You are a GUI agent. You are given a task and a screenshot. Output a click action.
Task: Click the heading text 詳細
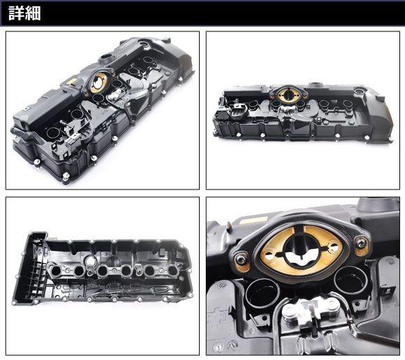[x=24, y=13]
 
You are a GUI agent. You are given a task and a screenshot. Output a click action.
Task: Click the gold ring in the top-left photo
[x=99, y=82]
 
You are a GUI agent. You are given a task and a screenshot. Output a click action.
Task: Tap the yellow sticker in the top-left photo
[x=70, y=82]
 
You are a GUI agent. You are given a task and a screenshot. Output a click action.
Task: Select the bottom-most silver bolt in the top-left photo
[x=66, y=176]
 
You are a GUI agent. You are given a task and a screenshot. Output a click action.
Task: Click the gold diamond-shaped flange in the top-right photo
[x=288, y=95]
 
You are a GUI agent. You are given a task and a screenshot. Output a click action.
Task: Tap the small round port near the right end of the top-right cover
[x=358, y=92]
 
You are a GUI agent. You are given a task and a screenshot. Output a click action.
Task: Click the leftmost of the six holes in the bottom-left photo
[x=56, y=271]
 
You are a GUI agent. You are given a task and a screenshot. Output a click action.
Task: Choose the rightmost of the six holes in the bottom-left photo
[x=172, y=271]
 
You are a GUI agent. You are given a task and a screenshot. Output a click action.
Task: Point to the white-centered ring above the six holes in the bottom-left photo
[x=90, y=261]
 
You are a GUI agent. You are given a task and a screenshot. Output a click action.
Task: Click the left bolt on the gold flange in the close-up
[x=241, y=259]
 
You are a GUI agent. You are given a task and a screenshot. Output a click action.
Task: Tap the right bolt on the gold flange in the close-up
[x=360, y=243]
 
